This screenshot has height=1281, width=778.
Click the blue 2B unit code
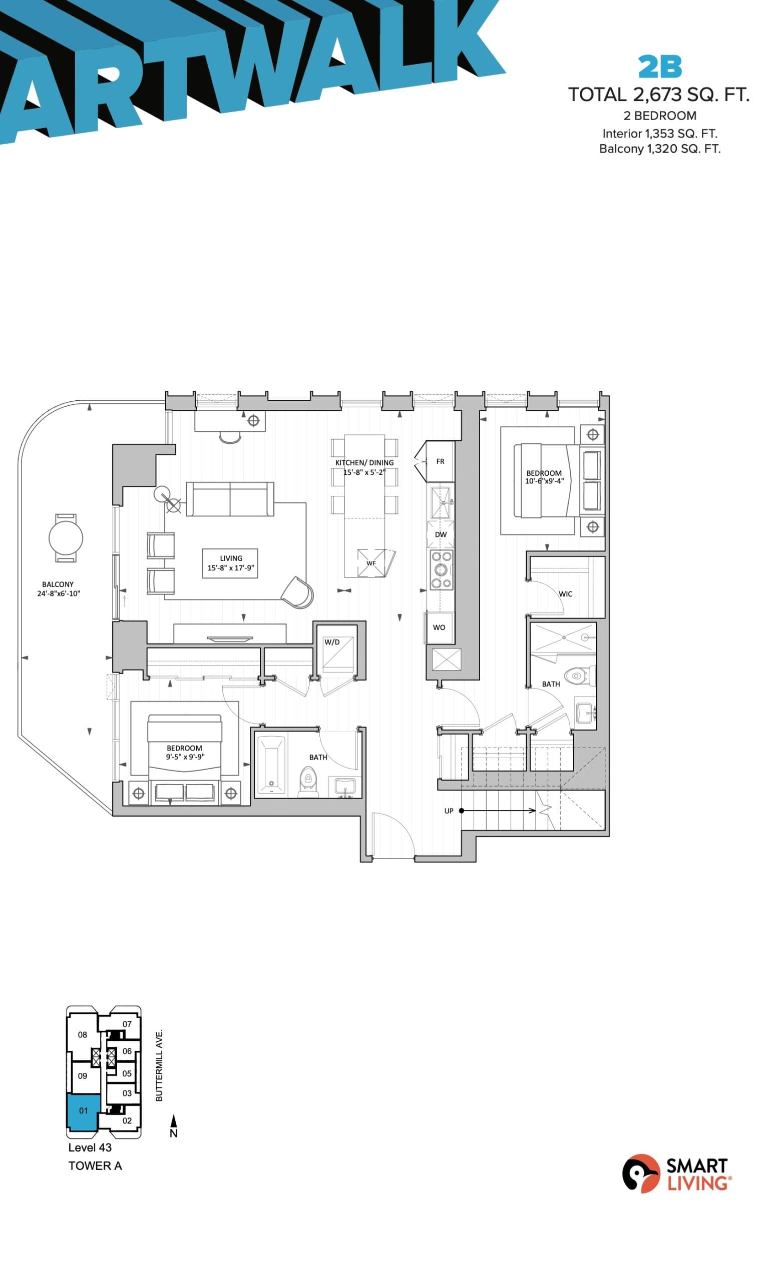659,67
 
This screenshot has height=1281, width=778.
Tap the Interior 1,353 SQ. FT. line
659,134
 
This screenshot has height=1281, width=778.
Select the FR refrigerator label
440,462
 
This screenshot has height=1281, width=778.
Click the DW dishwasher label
441,534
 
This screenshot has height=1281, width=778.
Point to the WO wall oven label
439,627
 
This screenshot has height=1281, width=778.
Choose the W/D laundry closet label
332,642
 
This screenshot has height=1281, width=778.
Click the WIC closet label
565,593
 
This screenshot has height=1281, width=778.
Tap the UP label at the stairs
449,811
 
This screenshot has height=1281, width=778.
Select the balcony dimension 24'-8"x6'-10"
58,593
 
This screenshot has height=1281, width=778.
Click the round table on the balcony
66,538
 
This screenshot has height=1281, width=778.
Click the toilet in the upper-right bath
575,677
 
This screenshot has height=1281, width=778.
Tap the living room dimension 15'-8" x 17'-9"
231,568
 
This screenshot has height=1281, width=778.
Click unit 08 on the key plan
83,1035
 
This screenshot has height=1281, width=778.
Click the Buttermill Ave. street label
159,1065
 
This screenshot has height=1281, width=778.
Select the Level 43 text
90,1147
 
